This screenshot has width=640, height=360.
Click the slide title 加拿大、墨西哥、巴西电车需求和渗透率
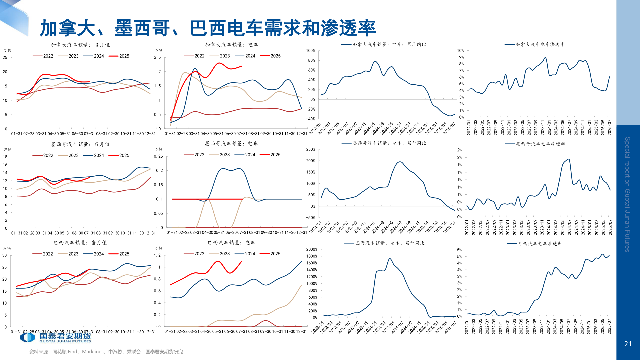point(208,28)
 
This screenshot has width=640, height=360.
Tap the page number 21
point(628,344)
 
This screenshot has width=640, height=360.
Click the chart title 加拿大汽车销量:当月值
point(80,45)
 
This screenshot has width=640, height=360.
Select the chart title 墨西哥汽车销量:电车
point(231,144)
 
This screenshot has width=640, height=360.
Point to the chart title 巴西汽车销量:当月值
point(80,243)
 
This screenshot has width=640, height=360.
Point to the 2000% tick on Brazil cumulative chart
point(312,249)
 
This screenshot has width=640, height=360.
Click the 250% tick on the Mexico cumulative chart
point(311,149)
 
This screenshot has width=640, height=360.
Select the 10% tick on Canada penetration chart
point(460,51)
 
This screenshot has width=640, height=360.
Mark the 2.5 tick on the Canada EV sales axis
point(157,57)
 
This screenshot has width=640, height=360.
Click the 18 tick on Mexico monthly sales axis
point(5,157)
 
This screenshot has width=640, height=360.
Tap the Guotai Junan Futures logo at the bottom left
point(55,338)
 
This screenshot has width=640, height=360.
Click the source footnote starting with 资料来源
point(106,352)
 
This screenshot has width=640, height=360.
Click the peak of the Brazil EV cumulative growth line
point(390,258)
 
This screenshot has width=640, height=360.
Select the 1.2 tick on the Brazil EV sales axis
point(157,255)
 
